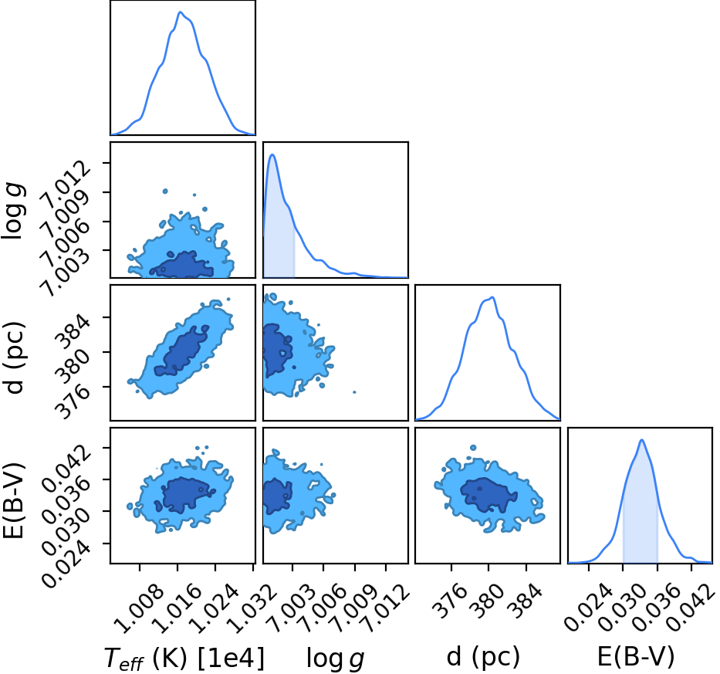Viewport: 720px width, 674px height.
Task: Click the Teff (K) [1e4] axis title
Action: [184, 658]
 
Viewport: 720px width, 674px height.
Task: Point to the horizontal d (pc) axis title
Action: [483, 657]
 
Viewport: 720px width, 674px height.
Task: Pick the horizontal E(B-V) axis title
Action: [636, 657]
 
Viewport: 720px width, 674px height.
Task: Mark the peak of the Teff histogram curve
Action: [181, 12]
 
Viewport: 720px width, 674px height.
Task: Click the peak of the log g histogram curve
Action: [272, 155]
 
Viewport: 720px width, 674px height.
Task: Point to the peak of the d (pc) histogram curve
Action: [492, 297]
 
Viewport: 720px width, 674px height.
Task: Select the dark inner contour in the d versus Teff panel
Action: [182, 350]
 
